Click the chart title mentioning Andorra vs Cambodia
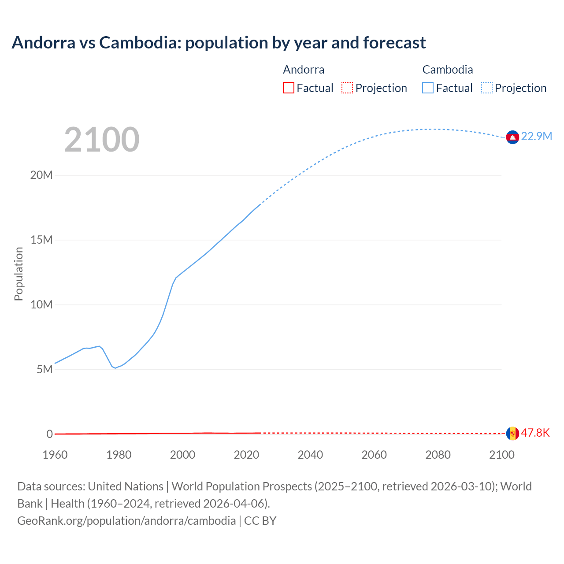219,43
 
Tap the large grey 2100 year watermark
102,140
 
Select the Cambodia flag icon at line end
512,137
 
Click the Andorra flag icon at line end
512,434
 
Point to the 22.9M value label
536,136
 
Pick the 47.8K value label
535,433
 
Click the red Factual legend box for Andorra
289,88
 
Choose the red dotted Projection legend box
347,88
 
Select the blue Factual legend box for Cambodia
428,88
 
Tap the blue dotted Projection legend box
487,88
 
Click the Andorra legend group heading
304,70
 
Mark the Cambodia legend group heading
448,70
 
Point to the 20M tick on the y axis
41,175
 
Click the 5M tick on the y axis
45,369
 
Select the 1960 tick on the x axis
55,455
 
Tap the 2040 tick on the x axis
310,455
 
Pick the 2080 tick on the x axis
438,455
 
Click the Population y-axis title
19,274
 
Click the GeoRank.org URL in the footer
126,520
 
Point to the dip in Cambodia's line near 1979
115,368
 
